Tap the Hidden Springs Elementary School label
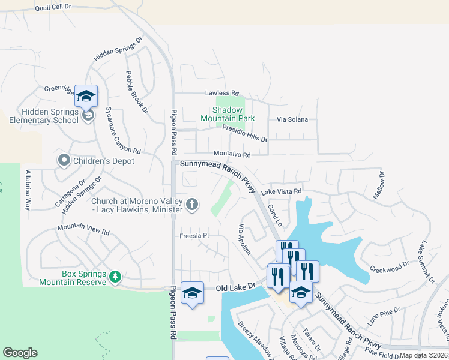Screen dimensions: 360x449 (44, 115)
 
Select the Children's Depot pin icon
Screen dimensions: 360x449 (64, 161)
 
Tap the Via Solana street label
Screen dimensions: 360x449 (292, 119)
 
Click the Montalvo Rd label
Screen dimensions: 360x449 (231, 155)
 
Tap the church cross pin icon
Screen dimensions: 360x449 (191, 205)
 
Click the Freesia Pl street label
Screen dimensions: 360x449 (193, 236)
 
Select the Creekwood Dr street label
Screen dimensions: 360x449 (388, 265)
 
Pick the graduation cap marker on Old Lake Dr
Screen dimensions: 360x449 (192, 293)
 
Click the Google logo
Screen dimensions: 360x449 (20, 353)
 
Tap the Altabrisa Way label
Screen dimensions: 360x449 (28, 190)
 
